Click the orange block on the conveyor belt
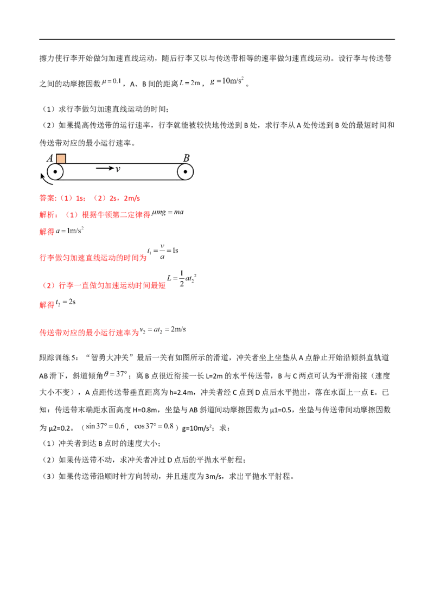[61, 158]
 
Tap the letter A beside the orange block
[51, 158]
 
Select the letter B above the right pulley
[186, 157]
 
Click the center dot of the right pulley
[185, 172]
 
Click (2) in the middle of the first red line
[100, 199]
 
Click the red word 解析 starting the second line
[47, 215]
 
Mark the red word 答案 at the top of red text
[47, 199]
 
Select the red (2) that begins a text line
[49, 285]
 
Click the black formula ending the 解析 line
[169, 214]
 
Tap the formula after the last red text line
[163, 330]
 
